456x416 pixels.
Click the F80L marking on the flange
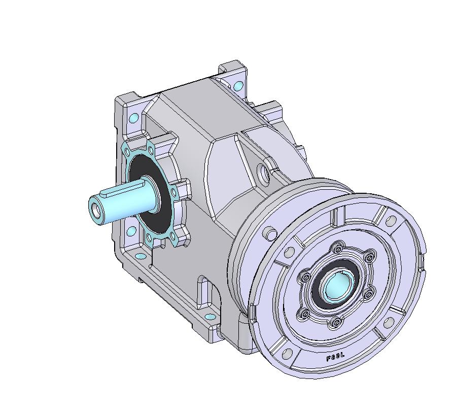pos(335,357)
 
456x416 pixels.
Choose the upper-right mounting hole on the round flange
pos(391,221)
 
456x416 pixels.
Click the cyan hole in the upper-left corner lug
pos(134,118)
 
